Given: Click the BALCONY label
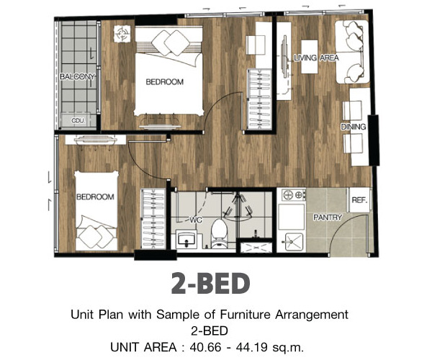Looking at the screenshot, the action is click(x=78, y=76).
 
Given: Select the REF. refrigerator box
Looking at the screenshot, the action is click(x=359, y=200).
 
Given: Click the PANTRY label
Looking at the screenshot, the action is click(x=328, y=217).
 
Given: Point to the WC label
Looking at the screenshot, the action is click(x=196, y=220).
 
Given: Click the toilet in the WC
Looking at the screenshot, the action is click(x=220, y=233).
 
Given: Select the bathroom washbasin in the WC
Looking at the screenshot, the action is click(x=186, y=239).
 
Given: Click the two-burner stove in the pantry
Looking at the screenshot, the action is click(x=294, y=195).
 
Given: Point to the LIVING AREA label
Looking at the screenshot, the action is click(x=316, y=58).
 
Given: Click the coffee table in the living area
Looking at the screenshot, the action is click(x=310, y=57).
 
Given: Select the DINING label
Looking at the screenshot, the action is click(x=354, y=127).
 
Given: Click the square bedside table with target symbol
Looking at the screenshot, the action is click(x=122, y=34).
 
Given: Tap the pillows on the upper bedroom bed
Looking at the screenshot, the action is click(x=171, y=42).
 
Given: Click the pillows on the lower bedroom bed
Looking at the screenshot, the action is click(x=96, y=236).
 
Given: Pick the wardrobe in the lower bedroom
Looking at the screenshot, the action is click(x=153, y=219).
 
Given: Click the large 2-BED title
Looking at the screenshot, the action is click(x=210, y=283).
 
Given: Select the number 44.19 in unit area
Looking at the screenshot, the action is click(x=251, y=347).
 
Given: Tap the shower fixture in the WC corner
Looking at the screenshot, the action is click(x=238, y=207).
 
